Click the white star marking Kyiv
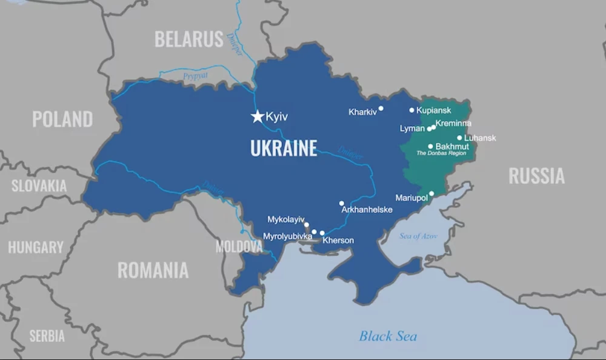258,116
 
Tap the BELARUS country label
189,39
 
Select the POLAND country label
62,119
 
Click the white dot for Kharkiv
381,109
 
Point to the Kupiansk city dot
412,110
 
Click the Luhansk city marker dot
459,138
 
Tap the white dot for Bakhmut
431,146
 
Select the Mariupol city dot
431,194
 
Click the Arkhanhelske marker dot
342,204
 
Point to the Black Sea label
388,336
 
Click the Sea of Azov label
418,236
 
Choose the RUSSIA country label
536,176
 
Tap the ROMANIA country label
153,270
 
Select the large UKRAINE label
284,148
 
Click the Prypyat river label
195,76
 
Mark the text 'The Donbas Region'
441,153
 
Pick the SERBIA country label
47,336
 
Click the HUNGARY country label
36,247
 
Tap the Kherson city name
338,241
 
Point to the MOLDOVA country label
239,247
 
